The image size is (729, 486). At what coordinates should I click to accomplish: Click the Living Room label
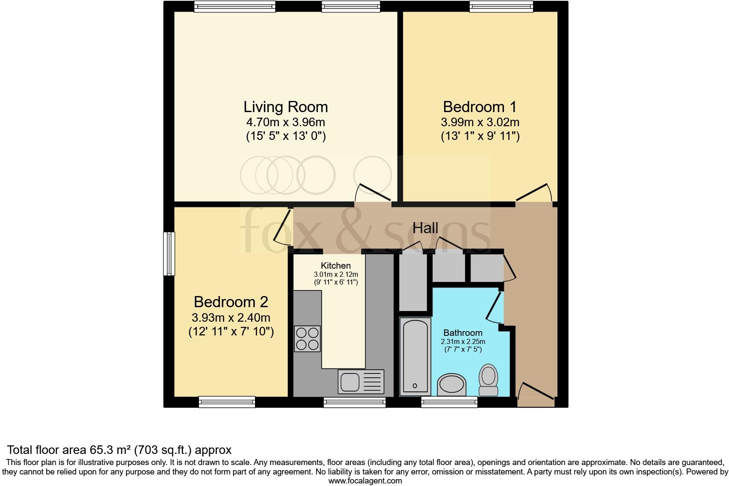(285, 107)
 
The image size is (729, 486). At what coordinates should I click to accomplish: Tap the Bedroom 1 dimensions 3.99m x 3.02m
(480, 122)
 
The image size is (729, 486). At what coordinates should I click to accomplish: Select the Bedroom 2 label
(231, 302)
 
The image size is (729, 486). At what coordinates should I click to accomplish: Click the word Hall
(425, 228)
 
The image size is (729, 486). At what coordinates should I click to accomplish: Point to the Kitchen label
(336, 266)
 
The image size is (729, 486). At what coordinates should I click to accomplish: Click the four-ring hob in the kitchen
(307, 338)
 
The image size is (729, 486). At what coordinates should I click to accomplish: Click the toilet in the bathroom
(488, 380)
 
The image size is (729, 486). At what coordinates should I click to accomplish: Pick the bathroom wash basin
(452, 384)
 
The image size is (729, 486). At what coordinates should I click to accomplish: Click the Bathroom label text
(462, 333)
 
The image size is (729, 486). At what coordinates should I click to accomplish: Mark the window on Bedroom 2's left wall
(170, 254)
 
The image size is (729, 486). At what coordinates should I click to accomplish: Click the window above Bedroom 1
(501, 6)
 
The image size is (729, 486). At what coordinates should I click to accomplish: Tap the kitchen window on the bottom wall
(354, 402)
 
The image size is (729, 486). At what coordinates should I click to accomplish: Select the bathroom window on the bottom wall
(449, 402)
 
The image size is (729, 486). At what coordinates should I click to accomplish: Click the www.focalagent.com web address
(365, 481)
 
